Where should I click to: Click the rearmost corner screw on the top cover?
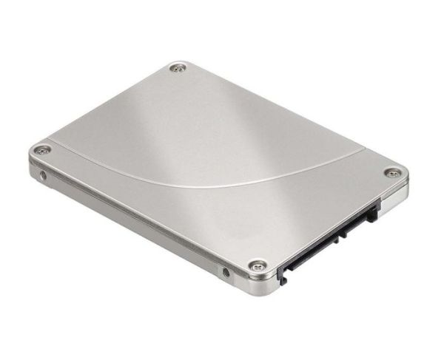pyautogui.click(x=177, y=69)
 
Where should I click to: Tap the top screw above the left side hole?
pyautogui.click(x=43, y=152)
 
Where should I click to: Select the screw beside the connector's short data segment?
pyautogui.click(x=391, y=173)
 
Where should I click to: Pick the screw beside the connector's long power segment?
pyautogui.click(x=257, y=264)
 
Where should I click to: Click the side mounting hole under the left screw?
pyautogui.click(x=43, y=176)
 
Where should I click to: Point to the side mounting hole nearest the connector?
pyautogui.click(x=226, y=273)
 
